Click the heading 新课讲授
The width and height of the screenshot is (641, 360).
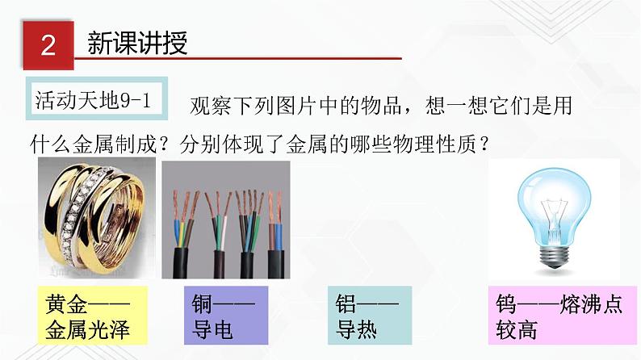[137, 43]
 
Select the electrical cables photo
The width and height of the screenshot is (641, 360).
[225, 219]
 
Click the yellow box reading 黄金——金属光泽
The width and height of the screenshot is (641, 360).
[88, 316]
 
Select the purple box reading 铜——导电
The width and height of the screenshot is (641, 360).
[225, 316]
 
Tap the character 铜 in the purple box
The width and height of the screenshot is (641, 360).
[203, 304]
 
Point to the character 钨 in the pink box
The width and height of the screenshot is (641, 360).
[508, 304]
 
